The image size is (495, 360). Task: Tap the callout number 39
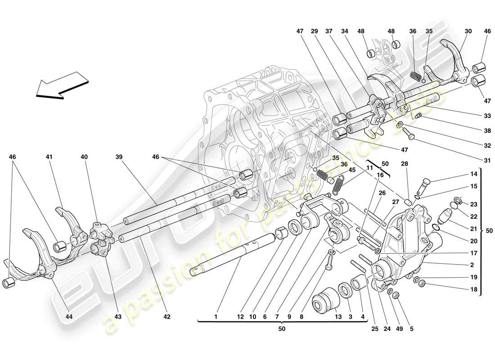119,157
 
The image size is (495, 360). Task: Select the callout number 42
167,317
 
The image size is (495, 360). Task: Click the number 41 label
49,157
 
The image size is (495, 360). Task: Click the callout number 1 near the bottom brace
216,317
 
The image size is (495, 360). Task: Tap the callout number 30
468,31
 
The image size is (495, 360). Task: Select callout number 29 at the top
315,31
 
